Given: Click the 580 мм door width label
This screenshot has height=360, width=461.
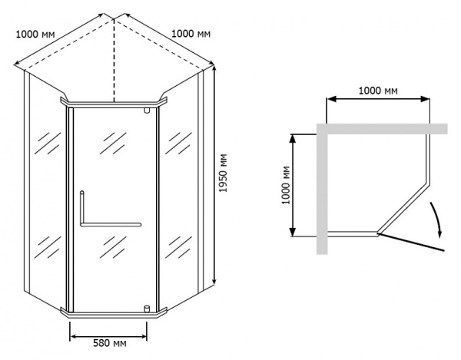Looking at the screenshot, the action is point(110,343).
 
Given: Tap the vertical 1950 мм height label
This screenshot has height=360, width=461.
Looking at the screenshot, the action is point(224,173).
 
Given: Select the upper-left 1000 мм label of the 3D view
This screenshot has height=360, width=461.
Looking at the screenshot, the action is point(35,35).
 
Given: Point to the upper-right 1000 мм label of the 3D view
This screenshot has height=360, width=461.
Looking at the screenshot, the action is point(191,34).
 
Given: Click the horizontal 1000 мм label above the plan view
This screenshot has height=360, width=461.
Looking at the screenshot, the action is point(378,91).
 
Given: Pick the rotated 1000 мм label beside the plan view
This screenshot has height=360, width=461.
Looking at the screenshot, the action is point(286,185).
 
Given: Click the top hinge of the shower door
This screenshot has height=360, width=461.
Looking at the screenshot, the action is point(147,111).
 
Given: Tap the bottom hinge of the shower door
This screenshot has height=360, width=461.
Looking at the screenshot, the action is point(147,309).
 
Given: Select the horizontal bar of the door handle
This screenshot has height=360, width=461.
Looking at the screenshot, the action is point(111,225).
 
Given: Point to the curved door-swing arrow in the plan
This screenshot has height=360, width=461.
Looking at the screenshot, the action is point(436,219).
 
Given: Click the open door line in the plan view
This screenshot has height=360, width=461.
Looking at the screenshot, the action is point(410,242).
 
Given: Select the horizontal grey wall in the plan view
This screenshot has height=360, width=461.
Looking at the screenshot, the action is point(382,129).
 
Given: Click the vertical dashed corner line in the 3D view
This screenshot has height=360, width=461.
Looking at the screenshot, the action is point(114,60).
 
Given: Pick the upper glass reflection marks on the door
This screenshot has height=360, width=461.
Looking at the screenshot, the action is point(113,143).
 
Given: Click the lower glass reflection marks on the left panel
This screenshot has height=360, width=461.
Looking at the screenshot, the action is point(48,247).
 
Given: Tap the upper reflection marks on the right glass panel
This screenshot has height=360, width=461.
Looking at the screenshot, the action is point(178,143).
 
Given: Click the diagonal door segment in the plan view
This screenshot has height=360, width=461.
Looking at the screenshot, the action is point(403,207).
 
